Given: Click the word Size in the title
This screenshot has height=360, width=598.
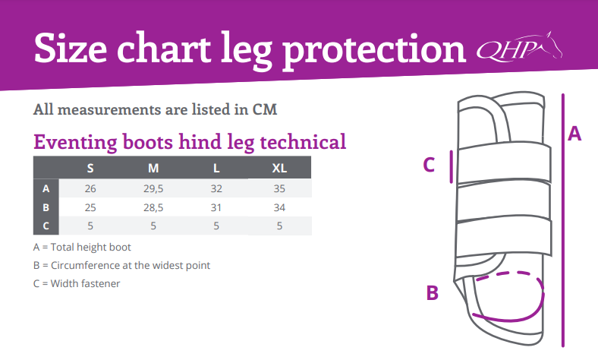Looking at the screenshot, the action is point(71,49).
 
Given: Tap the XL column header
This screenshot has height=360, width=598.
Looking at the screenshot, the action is point(279,168).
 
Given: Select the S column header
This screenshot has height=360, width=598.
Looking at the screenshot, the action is point(90,168).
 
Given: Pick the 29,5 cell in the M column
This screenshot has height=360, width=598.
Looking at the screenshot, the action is point(153,188).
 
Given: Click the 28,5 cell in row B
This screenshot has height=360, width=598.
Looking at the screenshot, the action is point(153,207).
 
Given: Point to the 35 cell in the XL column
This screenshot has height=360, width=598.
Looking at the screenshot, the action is point(279,188).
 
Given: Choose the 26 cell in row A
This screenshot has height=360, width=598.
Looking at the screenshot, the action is point(90,188).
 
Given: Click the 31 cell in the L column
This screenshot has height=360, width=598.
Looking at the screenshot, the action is point(216,207).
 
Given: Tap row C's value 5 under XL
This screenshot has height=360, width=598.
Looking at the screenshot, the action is point(279,226).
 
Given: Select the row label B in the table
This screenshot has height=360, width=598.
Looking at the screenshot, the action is point(46,207).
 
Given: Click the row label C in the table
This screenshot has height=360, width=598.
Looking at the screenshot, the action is point(46,226).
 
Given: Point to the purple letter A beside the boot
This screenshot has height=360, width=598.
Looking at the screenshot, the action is point(574,134).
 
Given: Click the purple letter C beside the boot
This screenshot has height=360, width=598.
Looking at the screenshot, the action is point(429,165).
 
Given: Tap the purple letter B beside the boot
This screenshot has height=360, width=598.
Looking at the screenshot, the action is point(432,293).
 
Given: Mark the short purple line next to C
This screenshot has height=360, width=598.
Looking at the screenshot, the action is point(452,166).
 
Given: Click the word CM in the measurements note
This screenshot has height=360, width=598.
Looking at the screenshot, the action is point(265,109).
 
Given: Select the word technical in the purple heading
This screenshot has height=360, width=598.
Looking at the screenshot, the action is point(304,142).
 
